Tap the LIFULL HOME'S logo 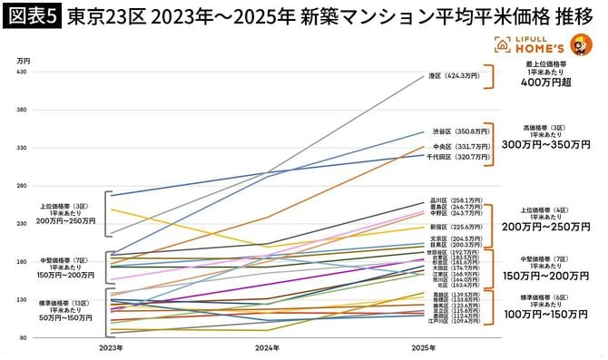tap(535, 46)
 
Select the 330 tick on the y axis tap(23, 147)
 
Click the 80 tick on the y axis tap(23, 338)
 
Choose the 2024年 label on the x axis tap(267, 347)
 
